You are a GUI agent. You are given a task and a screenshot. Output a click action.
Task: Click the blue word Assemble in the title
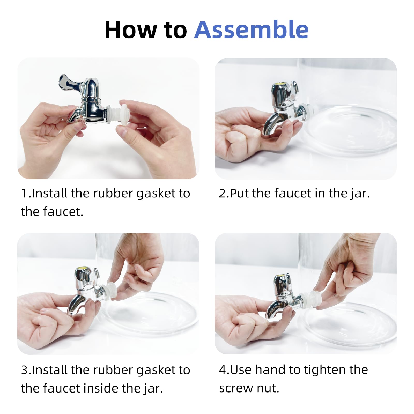(251, 30)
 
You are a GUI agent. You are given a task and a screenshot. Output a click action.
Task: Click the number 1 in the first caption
(24, 194)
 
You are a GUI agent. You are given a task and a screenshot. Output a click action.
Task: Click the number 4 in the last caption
(223, 370)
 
